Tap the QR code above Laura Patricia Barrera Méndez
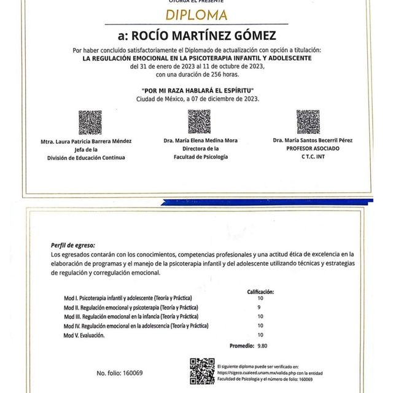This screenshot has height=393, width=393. pyautogui.click(x=90, y=122)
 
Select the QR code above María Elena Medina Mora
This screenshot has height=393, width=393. pyautogui.click(x=199, y=122)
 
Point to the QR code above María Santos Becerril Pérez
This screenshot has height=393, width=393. pyautogui.click(x=308, y=122)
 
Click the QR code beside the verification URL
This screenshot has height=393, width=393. pyautogui.click(x=202, y=370)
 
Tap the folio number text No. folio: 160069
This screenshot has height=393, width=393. pyautogui.click(x=119, y=373)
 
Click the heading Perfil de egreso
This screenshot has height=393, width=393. pyautogui.click(x=72, y=244)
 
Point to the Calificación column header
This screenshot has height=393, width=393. pyautogui.click(x=260, y=292)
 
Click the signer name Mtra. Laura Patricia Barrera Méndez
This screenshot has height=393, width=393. pyautogui.click(x=86, y=141)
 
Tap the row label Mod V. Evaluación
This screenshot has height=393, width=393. pyautogui.click(x=84, y=335)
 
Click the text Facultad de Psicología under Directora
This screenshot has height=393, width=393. pyautogui.click(x=200, y=157)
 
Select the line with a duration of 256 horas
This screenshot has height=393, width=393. pyautogui.click(x=196, y=75)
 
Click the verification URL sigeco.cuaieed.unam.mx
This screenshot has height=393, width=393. pyautogui.click(x=258, y=372)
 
